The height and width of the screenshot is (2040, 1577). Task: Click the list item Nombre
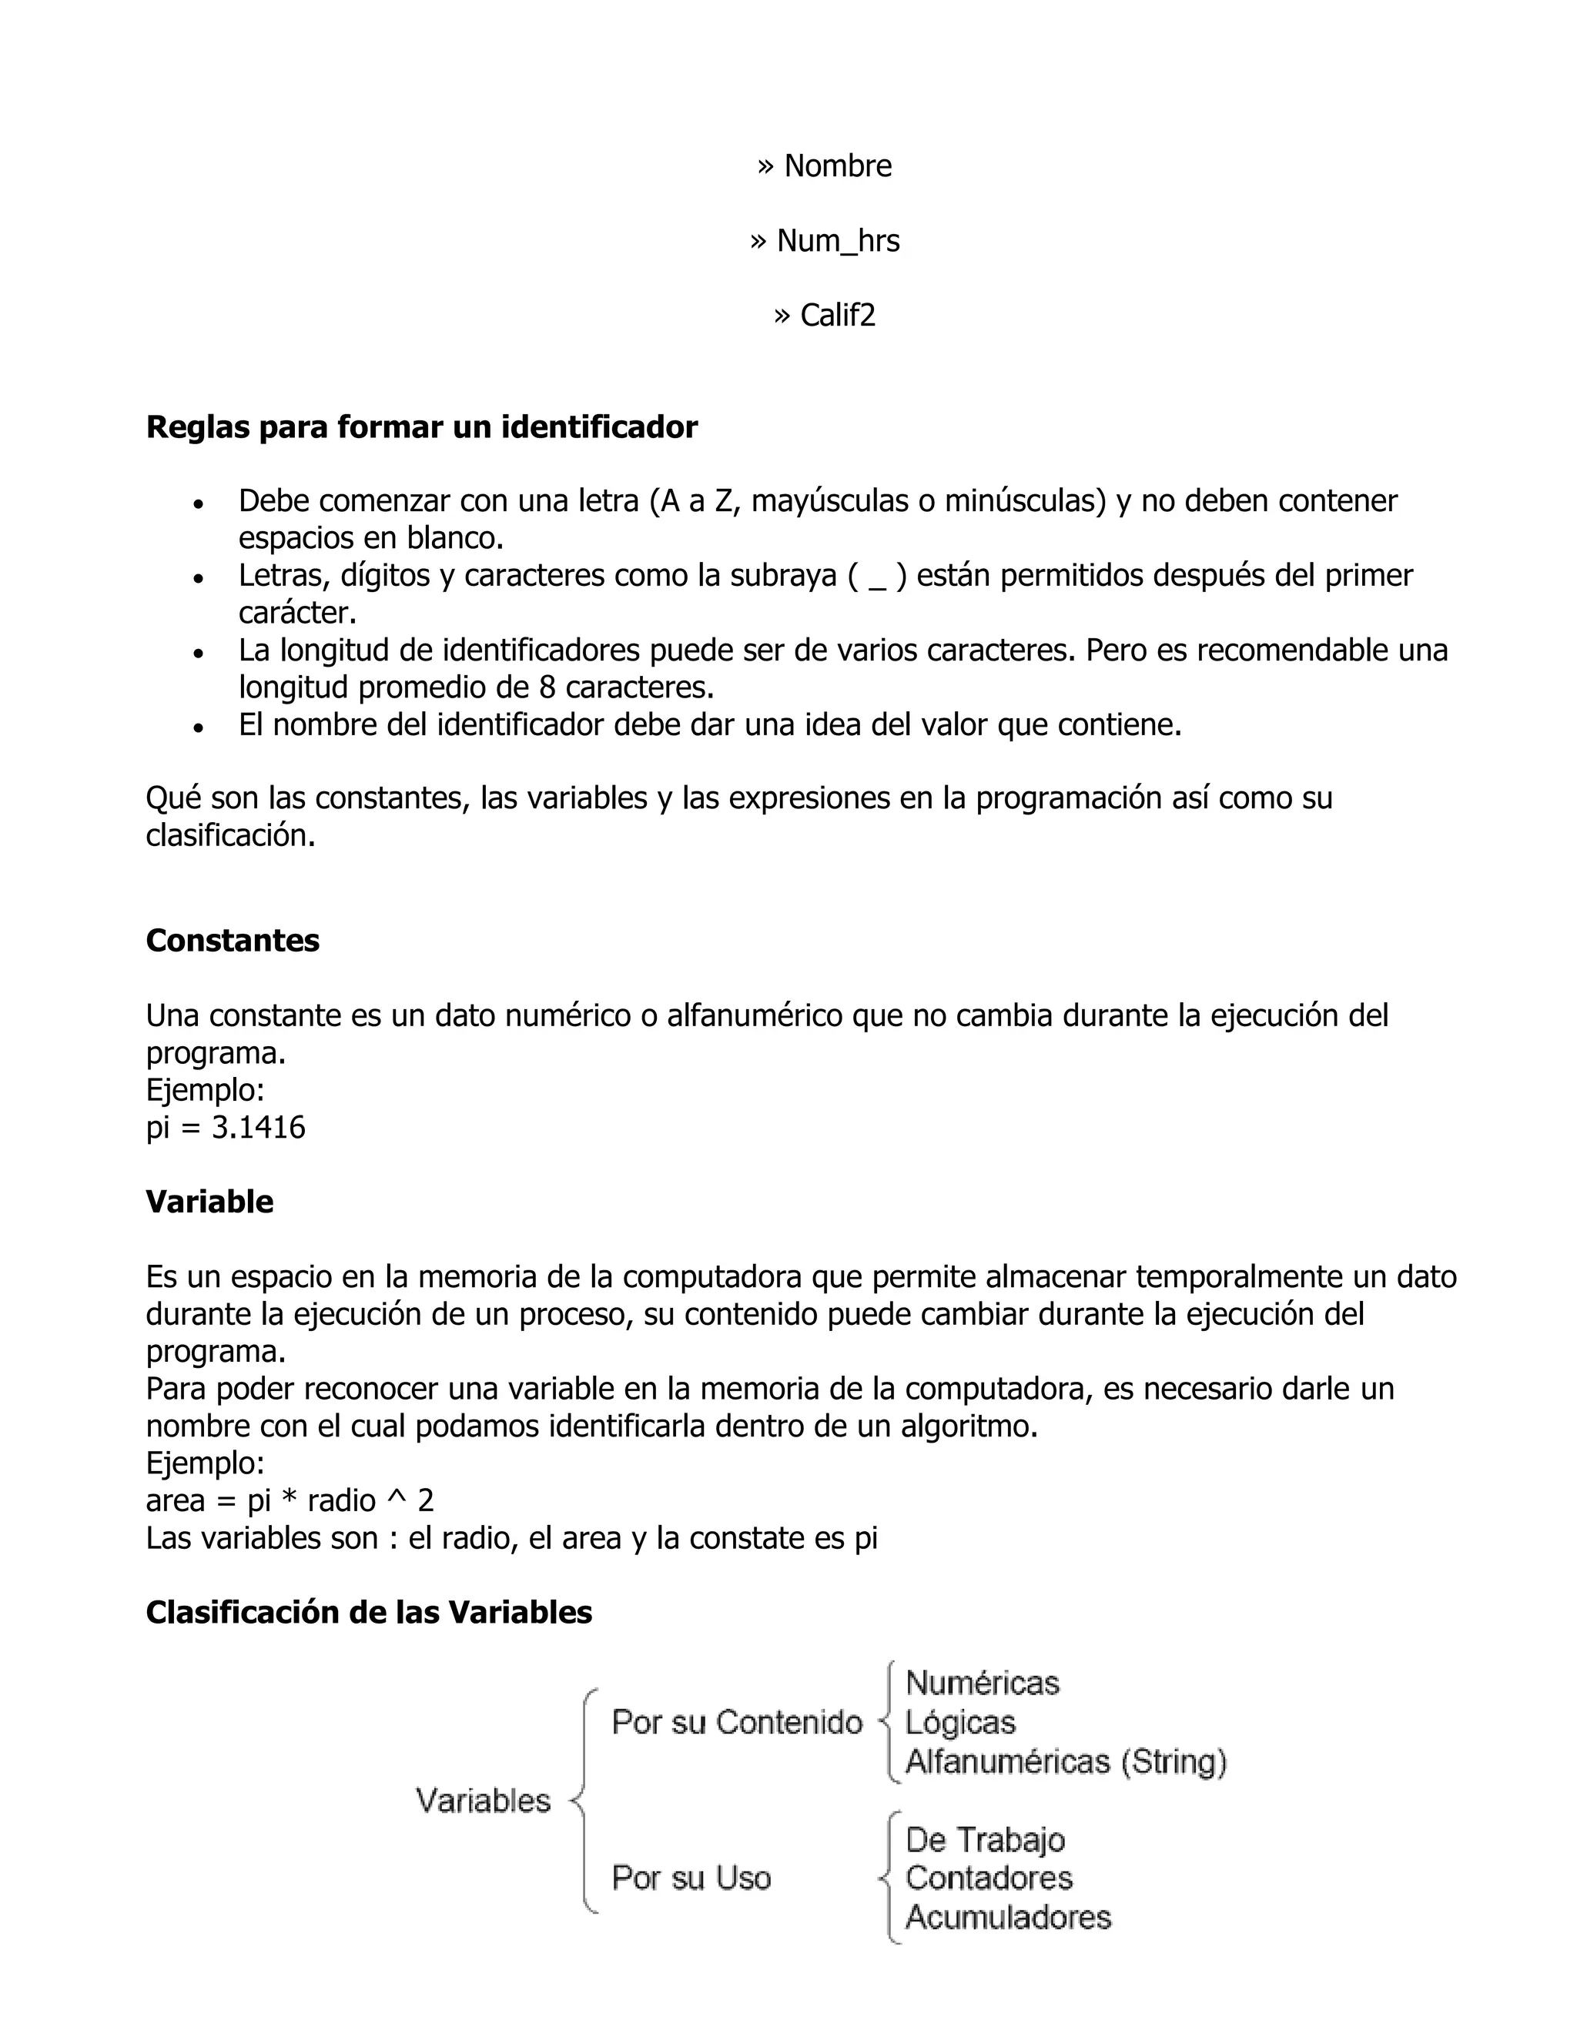click(x=837, y=166)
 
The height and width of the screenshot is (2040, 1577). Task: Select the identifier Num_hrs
click(x=837, y=240)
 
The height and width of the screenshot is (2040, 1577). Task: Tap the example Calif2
click(x=837, y=315)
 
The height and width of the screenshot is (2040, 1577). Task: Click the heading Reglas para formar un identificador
click(x=421, y=427)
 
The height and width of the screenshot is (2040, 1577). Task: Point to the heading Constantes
click(x=233, y=940)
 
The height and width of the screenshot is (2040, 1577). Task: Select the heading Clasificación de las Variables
click(x=369, y=1612)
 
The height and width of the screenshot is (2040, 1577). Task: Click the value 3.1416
click(x=259, y=1128)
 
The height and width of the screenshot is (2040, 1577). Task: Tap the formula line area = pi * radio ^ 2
click(x=290, y=1501)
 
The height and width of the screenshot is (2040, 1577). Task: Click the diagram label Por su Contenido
click(x=736, y=1722)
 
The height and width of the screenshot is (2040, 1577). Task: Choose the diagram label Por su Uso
click(x=691, y=1878)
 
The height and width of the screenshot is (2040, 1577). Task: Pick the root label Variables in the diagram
click(x=483, y=1800)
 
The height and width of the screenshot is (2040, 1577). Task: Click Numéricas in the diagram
click(x=982, y=1683)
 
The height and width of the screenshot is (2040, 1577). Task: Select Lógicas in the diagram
click(x=960, y=1722)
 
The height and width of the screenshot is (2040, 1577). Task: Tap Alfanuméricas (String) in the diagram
click(x=1065, y=1761)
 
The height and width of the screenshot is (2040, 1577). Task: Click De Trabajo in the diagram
click(x=985, y=1839)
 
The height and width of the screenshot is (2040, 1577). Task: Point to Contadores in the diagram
click(x=989, y=1878)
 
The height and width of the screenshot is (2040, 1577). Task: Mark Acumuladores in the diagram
click(x=1008, y=1917)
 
